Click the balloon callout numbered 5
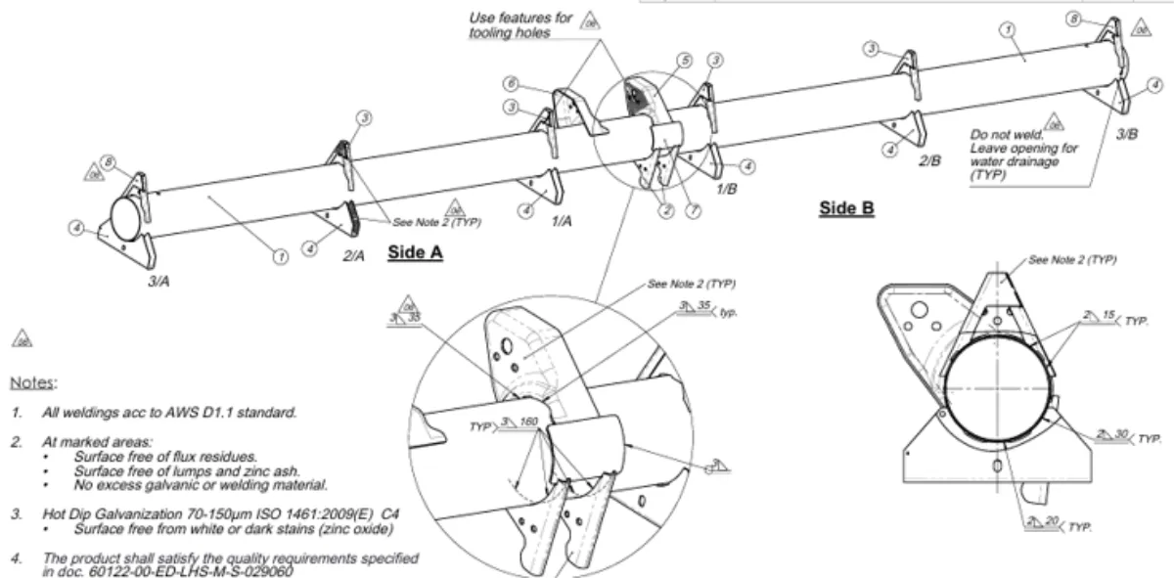coord(685,61)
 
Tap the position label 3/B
coord(1127,134)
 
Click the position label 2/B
coord(928,159)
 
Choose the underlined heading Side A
coord(416,252)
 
